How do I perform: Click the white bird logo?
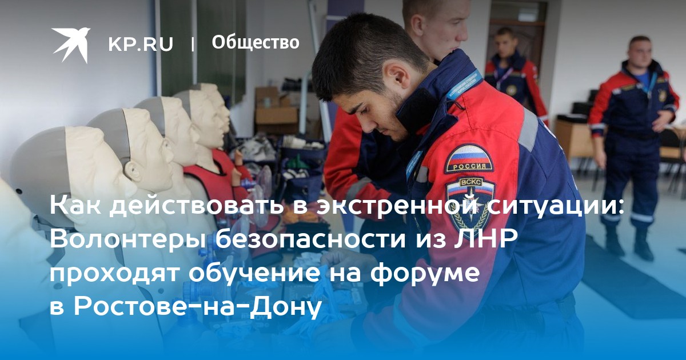point(71,45)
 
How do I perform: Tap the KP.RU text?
point(141,44)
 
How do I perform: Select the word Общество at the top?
point(256,42)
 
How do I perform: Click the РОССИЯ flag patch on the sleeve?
point(469,159)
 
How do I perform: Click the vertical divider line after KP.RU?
point(192,45)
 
